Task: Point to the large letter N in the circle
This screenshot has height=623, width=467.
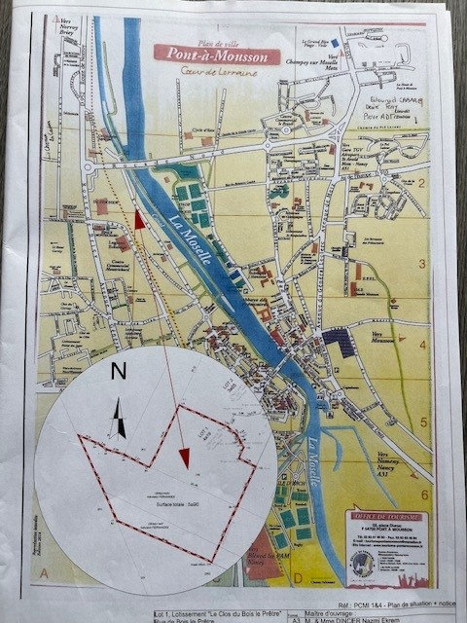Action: (x=119, y=371)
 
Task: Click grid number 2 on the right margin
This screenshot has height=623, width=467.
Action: (x=422, y=183)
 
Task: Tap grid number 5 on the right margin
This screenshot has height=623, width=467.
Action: (x=423, y=421)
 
